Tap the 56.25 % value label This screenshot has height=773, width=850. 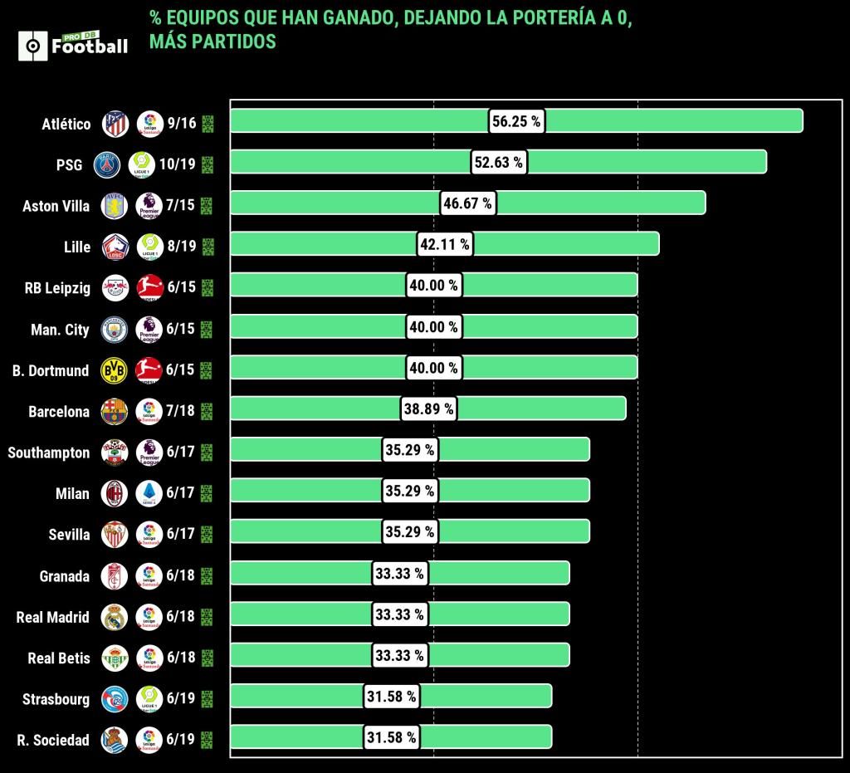click(515, 121)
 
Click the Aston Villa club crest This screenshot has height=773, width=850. click(114, 206)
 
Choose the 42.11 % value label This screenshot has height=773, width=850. click(444, 244)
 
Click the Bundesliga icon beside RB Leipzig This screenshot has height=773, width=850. click(149, 288)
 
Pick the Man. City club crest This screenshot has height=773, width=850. click(114, 330)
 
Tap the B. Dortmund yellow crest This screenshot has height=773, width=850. click(114, 370)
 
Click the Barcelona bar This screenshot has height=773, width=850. click(540, 409)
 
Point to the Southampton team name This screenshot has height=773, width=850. click(49, 453)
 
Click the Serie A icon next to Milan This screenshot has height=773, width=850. click(149, 493)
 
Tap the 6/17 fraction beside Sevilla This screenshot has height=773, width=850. click(180, 534)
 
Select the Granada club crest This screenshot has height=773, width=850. click(114, 575)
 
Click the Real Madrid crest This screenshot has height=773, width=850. click(114, 616)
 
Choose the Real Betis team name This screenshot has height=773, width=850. click(59, 658)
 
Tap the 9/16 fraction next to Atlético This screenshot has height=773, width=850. click(181, 124)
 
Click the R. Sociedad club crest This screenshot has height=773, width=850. click(114, 739)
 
